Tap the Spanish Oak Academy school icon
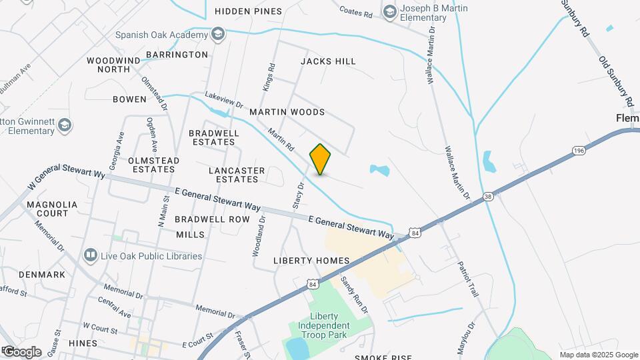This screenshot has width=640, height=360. (x=218, y=34)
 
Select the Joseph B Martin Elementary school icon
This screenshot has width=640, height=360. (x=389, y=10)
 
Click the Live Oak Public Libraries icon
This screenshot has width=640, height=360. (x=90, y=255)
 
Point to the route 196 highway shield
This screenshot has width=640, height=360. (x=579, y=151)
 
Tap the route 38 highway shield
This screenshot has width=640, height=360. (x=489, y=196)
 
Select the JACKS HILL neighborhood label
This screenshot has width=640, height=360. (x=328, y=61)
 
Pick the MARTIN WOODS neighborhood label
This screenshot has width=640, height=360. (x=287, y=112)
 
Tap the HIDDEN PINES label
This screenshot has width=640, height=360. (x=249, y=11)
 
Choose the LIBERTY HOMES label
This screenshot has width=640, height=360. (x=311, y=260)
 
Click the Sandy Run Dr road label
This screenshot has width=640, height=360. (x=355, y=295)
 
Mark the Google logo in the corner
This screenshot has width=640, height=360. (x=21, y=352)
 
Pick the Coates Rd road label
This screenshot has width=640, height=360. (x=355, y=12)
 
